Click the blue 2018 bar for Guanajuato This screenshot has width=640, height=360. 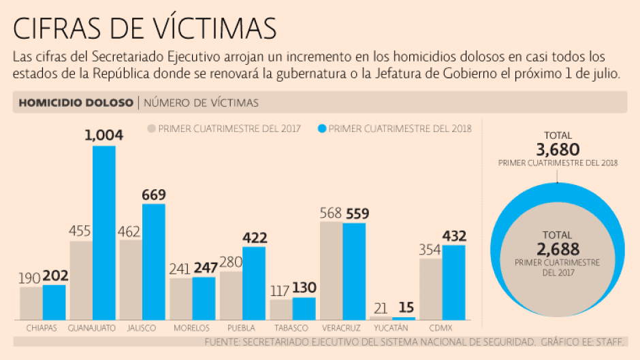pyautogui.click(x=104, y=233)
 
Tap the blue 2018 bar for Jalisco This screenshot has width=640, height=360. pyautogui.click(x=154, y=262)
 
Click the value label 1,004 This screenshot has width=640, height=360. pyautogui.click(x=103, y=135)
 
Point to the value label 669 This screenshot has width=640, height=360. pyautogui.click(x=154, y=195)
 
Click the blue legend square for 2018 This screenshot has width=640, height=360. pyautogui.click(x=322, y=128)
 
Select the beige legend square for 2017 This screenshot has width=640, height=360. pyautogui.click(x=152, y=128)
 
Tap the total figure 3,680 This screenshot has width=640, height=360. pyautogui.click(x=558, y=149)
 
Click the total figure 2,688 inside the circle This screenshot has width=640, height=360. pyautogui.click(x=558, y=249)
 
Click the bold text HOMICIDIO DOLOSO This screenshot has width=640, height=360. pyautogui.click(x=76, y=103)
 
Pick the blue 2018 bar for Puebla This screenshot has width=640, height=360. pyautogui.click(x=254, y=283)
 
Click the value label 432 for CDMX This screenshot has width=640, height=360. pyautogui.click(x=454, y=236)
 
